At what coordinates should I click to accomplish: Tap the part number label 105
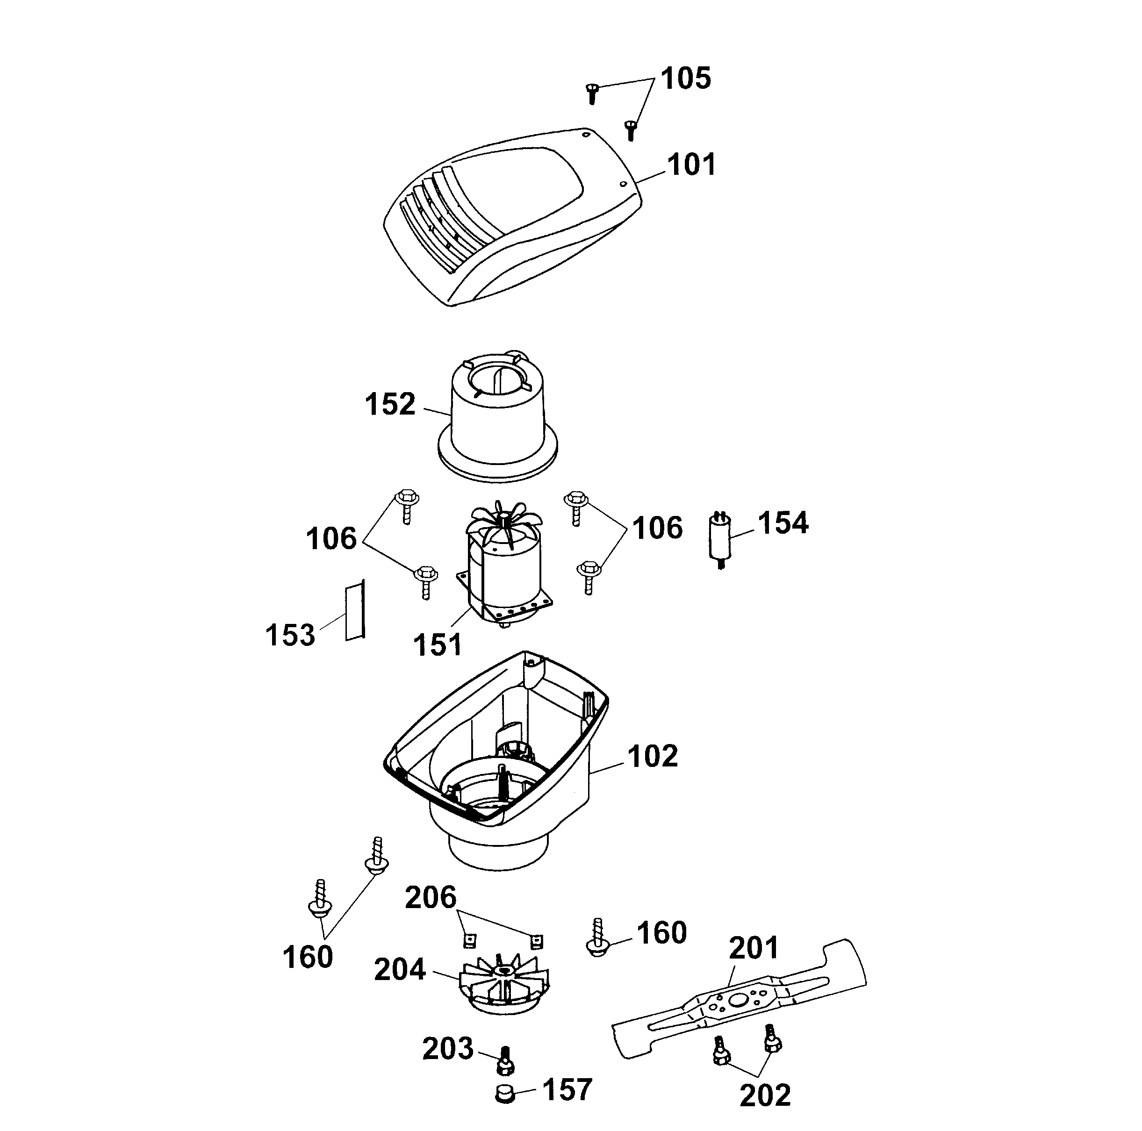685,78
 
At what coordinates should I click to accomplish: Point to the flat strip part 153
355,610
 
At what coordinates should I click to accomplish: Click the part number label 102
653,756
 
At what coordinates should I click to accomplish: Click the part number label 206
431,898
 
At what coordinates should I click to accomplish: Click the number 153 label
290,635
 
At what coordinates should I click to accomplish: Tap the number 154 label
783,523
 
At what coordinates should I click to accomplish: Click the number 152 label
389,404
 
